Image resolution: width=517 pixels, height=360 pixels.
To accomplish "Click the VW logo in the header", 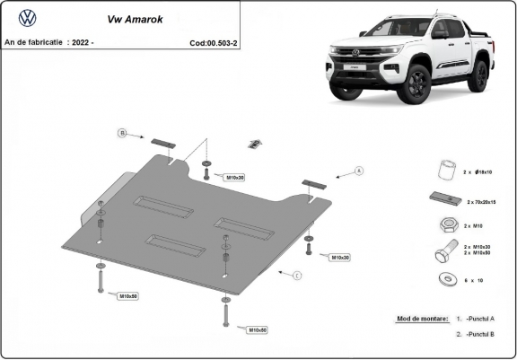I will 28,17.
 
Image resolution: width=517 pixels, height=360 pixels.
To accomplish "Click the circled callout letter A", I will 359,170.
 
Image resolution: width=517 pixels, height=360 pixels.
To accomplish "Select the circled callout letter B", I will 123,134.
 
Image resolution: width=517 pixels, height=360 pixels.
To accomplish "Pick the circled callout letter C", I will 296,275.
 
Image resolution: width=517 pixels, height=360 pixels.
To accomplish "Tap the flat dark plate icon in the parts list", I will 443,199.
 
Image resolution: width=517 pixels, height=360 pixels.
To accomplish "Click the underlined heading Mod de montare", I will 422,319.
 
